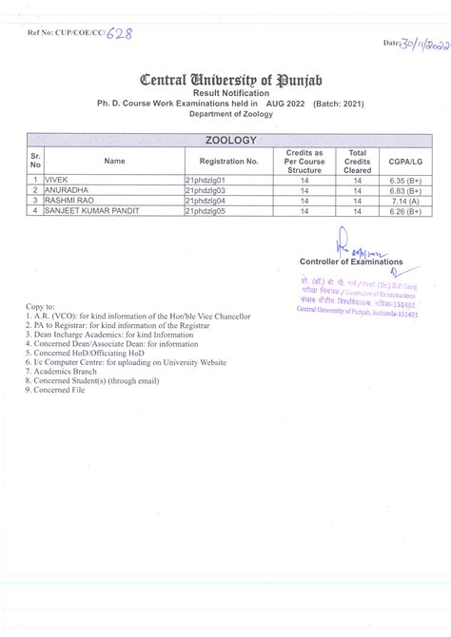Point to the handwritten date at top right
point(416,44)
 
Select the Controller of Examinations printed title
point(350,261)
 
